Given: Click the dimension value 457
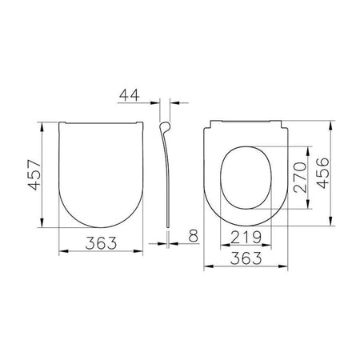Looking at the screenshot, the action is [35, 174].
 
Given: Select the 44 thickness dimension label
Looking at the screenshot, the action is [130, 95].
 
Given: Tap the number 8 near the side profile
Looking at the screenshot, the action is [194, 236].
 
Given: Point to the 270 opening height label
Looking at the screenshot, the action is [300, 178].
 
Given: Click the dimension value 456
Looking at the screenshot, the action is [322, 174].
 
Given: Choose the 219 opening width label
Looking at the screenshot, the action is [246, 238].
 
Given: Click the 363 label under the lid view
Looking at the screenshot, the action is [101, 243].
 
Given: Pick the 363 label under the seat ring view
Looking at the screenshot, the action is [246, 258].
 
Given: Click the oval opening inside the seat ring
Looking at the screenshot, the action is [221, 178].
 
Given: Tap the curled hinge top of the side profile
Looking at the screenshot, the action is [166, 126].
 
